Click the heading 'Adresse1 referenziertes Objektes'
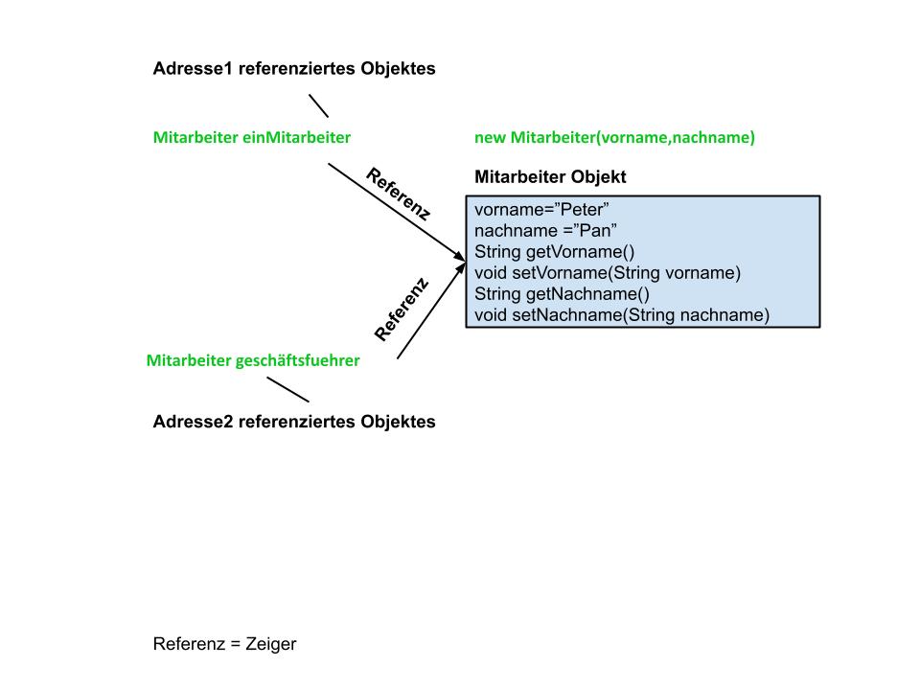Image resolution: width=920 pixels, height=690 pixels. click(294, 69)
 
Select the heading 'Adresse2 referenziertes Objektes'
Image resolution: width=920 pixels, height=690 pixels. click(294, 422)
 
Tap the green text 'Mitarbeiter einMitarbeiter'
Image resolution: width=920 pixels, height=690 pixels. click(252, 137)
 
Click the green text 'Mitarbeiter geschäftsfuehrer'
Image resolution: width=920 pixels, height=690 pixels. click(253, 360)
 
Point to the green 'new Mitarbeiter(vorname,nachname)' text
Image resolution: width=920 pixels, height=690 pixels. click(614, 137)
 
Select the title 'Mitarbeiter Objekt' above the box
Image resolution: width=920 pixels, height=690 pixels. click(550, 176)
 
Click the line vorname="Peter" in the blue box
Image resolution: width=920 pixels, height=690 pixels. click(541, 210)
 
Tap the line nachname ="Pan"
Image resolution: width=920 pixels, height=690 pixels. click(545, 231)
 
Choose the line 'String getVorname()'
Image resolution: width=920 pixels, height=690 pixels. click(555, 252)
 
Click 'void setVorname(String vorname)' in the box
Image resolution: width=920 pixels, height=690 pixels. click(608, 273)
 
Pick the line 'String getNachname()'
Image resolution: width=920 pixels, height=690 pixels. click(562, 294)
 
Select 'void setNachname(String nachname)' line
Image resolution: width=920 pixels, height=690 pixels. click(622, 315)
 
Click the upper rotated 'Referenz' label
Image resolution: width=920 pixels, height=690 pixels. click(399, 194)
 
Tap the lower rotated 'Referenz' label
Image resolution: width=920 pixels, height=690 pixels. click(402, 310)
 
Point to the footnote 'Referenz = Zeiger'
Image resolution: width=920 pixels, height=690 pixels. click(224, 644)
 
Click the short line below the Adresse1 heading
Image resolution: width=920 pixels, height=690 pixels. click(318, 105)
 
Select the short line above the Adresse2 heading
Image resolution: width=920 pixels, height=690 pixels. click(288, 390)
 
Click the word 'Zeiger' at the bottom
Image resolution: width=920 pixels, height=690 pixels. click(271, 644)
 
